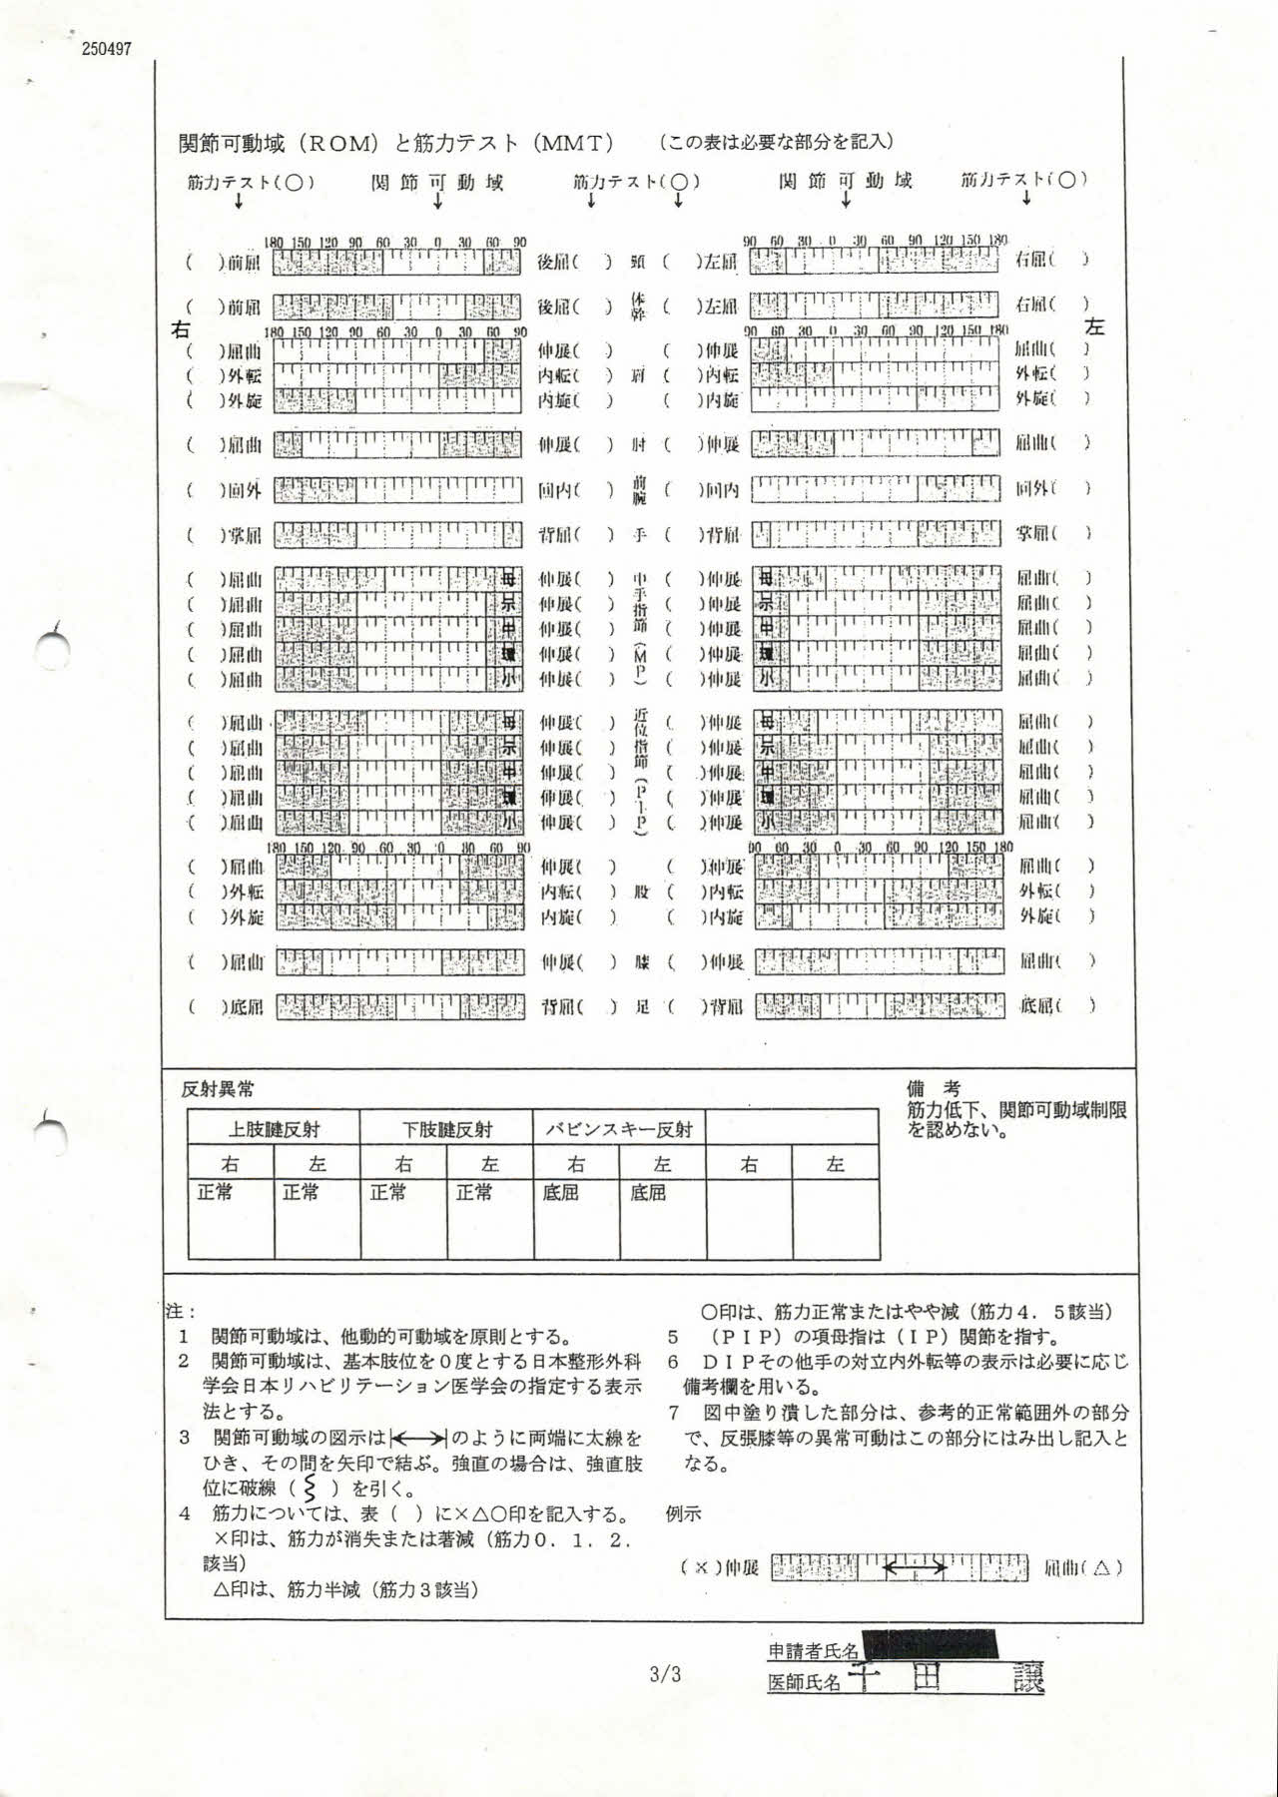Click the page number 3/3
(665, 1674)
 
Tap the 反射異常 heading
(218, 1089)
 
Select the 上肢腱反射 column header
(274, 1129)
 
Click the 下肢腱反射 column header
(447, 1129)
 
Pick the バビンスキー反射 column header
(619, 1129)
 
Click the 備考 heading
(933, 1088)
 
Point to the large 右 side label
(182, 328)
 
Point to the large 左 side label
(1095, 326)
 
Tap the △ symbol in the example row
(1101, 1568)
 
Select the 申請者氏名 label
(813, 1652)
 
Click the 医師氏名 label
(805, 1682)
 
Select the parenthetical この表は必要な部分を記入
(775, 143)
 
